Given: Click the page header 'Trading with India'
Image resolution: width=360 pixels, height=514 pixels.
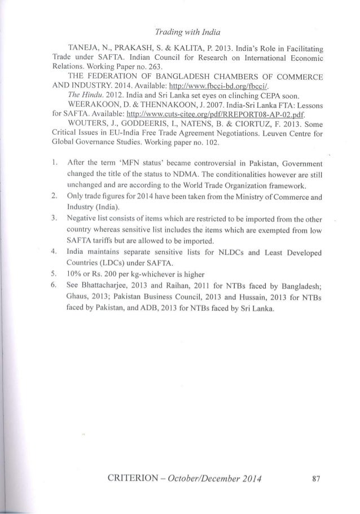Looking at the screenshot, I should [x=180, y=23].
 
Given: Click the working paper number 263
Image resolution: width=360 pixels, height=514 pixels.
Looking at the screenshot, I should [x=137, y=72].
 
